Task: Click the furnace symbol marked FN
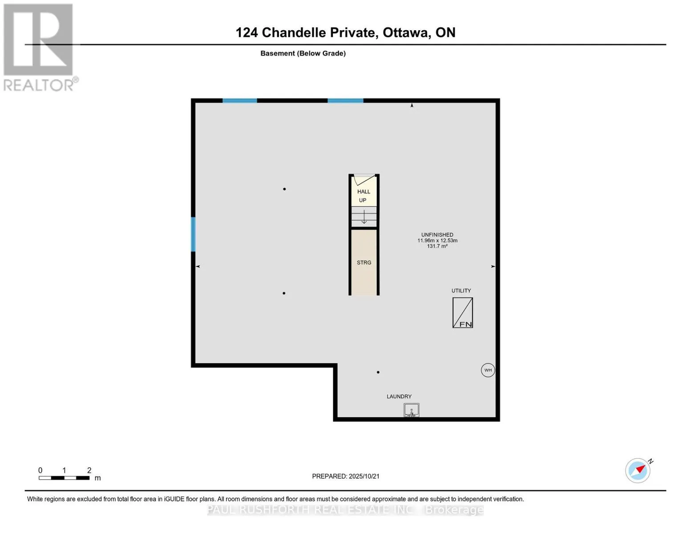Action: tap(462, 313)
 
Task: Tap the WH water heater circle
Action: tap(488, 370)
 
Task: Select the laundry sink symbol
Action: tap(411, 410)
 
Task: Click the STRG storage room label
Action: tap(364, 263)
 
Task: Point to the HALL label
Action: tap(364, 192)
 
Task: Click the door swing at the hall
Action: tap(364, 180)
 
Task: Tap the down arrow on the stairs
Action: tap(364, 217)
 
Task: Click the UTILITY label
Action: tap(461, 291)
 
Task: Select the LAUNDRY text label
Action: tap(399, 396)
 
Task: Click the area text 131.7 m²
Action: tap(437, 246)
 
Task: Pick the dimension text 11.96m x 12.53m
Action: tap(437, 240)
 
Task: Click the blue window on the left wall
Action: tap(193, 234)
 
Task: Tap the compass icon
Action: tap(638, 470)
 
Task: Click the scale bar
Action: tap(64, 478)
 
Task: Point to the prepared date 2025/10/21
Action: tap(364, 476)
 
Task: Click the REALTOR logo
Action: tap(39, 47)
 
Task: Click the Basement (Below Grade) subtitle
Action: tap(303, 53)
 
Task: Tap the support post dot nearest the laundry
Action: tap(378, 372)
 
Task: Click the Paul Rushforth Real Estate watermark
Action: tap(345, 510)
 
